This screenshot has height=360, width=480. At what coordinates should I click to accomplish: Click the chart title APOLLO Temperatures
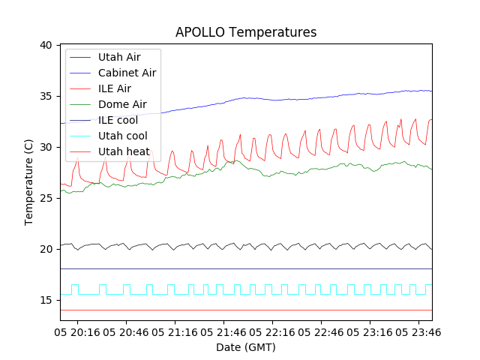click(246, 32)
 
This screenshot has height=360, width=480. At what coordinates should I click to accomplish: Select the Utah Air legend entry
click(118, 57)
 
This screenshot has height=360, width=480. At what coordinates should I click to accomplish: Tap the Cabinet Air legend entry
click(127, 73)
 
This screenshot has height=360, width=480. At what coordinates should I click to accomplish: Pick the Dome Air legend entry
click(122, 104)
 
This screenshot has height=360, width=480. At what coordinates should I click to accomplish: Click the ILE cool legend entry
click(118, 120)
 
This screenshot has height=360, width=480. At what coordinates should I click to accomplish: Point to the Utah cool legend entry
click(123, 136)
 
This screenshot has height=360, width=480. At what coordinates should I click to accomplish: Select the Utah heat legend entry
click(123, 151)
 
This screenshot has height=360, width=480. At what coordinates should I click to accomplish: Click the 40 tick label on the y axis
click(46, 45)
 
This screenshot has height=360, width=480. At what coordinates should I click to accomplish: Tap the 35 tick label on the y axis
click(46, 96)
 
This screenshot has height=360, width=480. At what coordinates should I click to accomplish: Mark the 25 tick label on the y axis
click(46, 198)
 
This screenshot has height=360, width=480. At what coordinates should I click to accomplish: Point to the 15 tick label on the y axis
click(46, 300)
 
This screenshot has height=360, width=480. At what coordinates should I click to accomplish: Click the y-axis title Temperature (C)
click(29, 182)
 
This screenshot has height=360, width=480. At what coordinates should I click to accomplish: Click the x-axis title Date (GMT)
click(246, 347)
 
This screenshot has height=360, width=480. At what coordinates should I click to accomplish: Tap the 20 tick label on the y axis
click(46, 249)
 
